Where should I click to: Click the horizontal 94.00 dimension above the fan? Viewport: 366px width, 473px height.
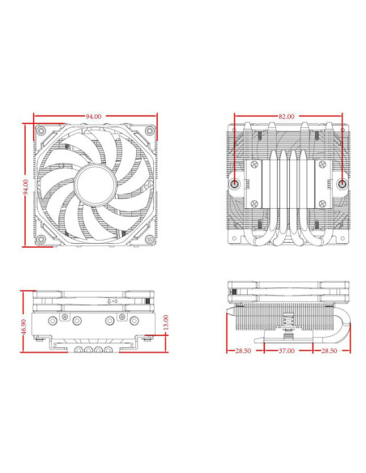(94, 117)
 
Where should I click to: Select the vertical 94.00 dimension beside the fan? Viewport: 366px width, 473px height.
(26, 186)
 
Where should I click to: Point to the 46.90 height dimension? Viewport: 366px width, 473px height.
(24, 327)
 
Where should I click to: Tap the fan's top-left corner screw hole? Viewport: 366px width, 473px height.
(42, 132)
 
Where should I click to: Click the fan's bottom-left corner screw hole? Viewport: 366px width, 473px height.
(42, 239)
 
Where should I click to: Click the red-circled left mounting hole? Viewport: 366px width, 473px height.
(235, 183)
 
